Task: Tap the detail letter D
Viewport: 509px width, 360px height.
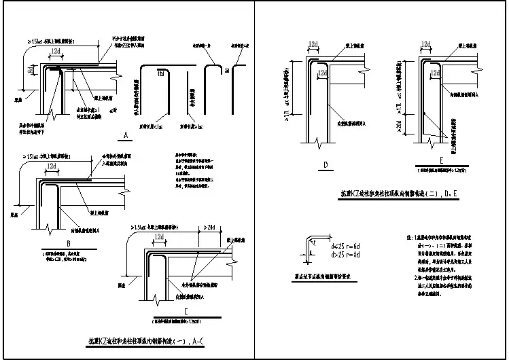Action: (x=325, y=164)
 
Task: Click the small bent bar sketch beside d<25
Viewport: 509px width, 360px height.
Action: (x=313, y=247)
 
